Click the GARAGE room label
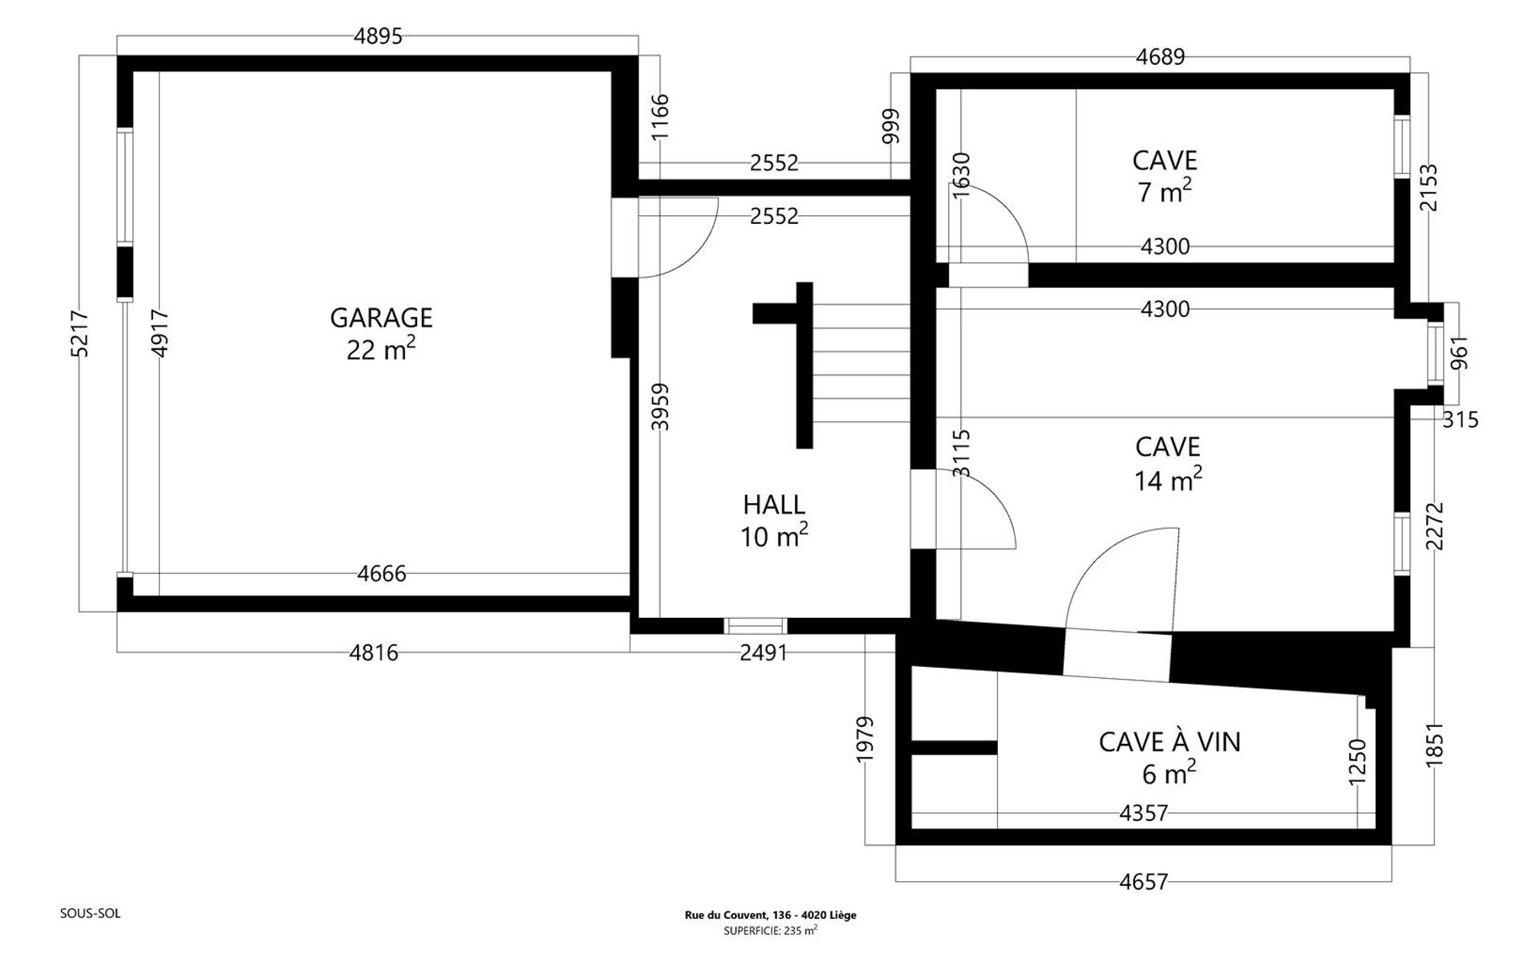381,318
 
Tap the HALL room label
774,505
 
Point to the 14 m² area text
1168,479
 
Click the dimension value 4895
378,36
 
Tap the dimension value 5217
80,333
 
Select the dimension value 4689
1161,57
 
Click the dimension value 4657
1144,882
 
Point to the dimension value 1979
865,739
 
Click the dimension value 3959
659,407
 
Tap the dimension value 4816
374,653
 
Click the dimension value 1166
659,117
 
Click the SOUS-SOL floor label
91,913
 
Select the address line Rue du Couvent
770,915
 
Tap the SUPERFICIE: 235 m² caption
770,930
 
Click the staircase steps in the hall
861,364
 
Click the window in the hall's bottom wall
756,626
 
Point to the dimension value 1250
1357,762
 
